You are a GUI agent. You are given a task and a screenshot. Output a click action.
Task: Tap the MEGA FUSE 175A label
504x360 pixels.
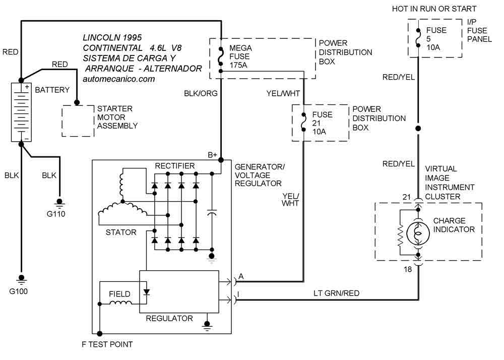pos(241,56)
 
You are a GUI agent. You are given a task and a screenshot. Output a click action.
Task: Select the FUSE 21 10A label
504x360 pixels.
pos(322,123)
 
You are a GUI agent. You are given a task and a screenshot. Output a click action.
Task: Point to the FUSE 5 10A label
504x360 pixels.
pos(436,38)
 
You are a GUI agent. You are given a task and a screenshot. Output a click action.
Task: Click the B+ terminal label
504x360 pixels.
pos(213,154)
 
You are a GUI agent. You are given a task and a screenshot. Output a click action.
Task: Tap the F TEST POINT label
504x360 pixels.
pos(107,345)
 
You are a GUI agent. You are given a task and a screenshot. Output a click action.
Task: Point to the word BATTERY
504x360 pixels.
pos(52,90)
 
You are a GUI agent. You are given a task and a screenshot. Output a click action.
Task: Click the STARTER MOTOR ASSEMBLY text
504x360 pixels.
pos(115,117)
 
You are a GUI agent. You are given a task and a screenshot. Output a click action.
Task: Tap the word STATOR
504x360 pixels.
pos(121,232)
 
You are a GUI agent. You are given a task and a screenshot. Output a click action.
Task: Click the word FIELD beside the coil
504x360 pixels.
pos(119,294)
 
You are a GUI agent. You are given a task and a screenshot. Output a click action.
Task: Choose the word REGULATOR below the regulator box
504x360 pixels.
pos(169,318)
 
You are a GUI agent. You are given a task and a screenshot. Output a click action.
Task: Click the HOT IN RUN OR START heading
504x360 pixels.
pos(434,9)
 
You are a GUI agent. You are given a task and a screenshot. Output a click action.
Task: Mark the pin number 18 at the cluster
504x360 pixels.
pos(408,270)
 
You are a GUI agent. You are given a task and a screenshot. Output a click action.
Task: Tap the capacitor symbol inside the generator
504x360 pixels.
pos(212,214)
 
